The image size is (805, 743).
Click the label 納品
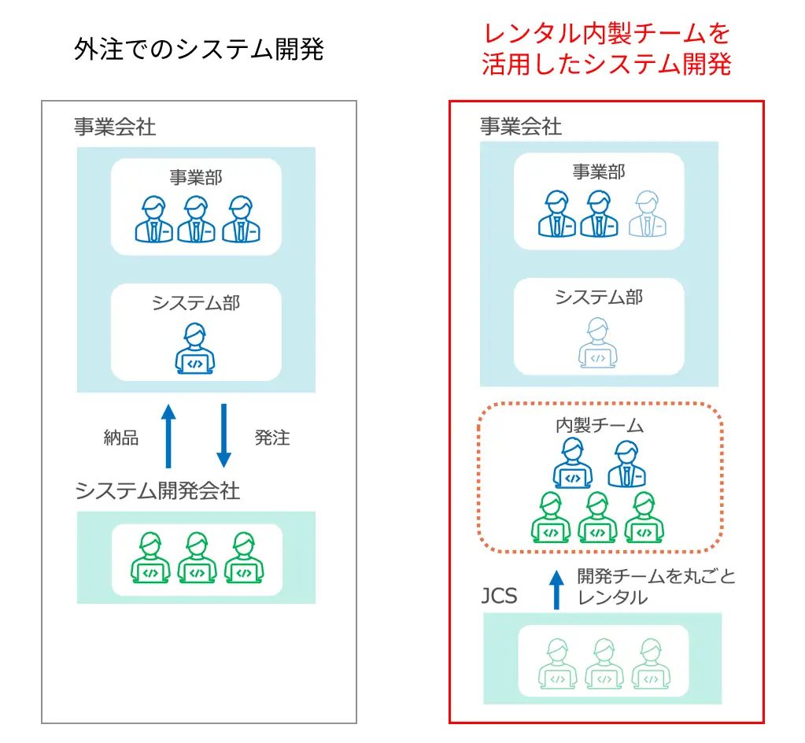coord(121,438)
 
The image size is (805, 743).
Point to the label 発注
coord(272,438)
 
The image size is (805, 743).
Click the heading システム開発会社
coord(157,491)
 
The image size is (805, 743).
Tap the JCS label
coord(499,596)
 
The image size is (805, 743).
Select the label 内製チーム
coord(600,426)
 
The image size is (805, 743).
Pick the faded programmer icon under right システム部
coord(598,343)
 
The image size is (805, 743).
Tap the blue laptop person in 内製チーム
coord(572,464)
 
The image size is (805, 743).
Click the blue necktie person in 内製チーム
coord(626,464)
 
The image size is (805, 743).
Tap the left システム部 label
coord(196,303)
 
